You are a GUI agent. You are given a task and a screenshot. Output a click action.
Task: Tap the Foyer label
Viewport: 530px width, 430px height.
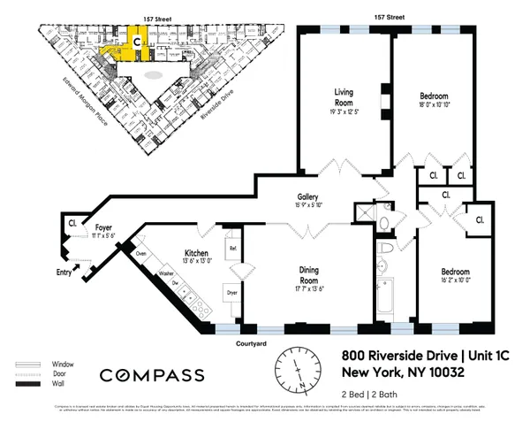coord(105,227)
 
